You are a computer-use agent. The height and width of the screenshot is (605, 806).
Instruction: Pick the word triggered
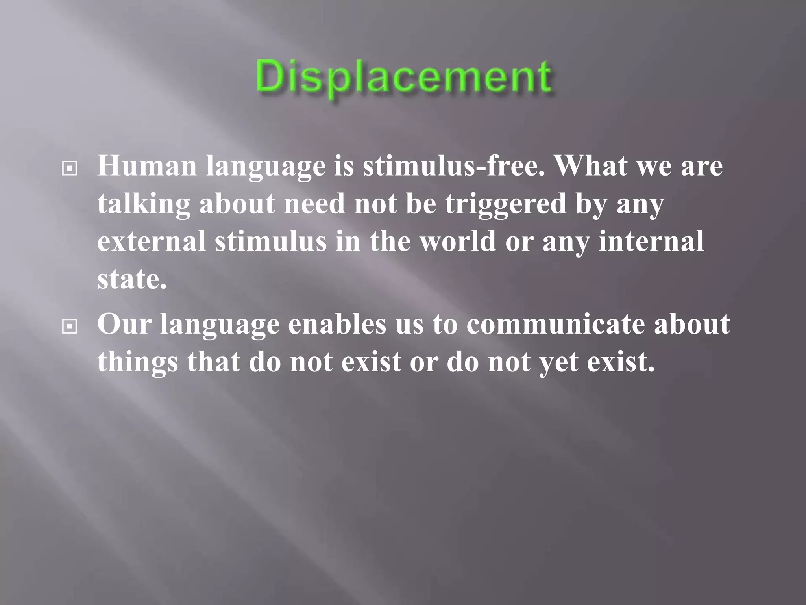click(x=505, y=204)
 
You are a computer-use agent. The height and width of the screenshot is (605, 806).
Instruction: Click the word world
click(x=457, y=241)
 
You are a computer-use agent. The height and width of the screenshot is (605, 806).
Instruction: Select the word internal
click(x=651, y=241)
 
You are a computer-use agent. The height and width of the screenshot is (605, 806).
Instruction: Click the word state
click(x=132, y=279)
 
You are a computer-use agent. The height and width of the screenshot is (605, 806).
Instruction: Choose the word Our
click(x=124, y=324)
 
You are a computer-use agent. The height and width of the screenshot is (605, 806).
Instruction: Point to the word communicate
click(x=555, y=324)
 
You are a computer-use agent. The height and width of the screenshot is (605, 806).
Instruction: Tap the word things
click(x=137, y=362)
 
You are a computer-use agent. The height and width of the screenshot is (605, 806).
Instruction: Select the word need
click(x=314, y=204)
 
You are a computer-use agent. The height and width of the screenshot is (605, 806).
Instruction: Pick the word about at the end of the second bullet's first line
click(x=692, y=324)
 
